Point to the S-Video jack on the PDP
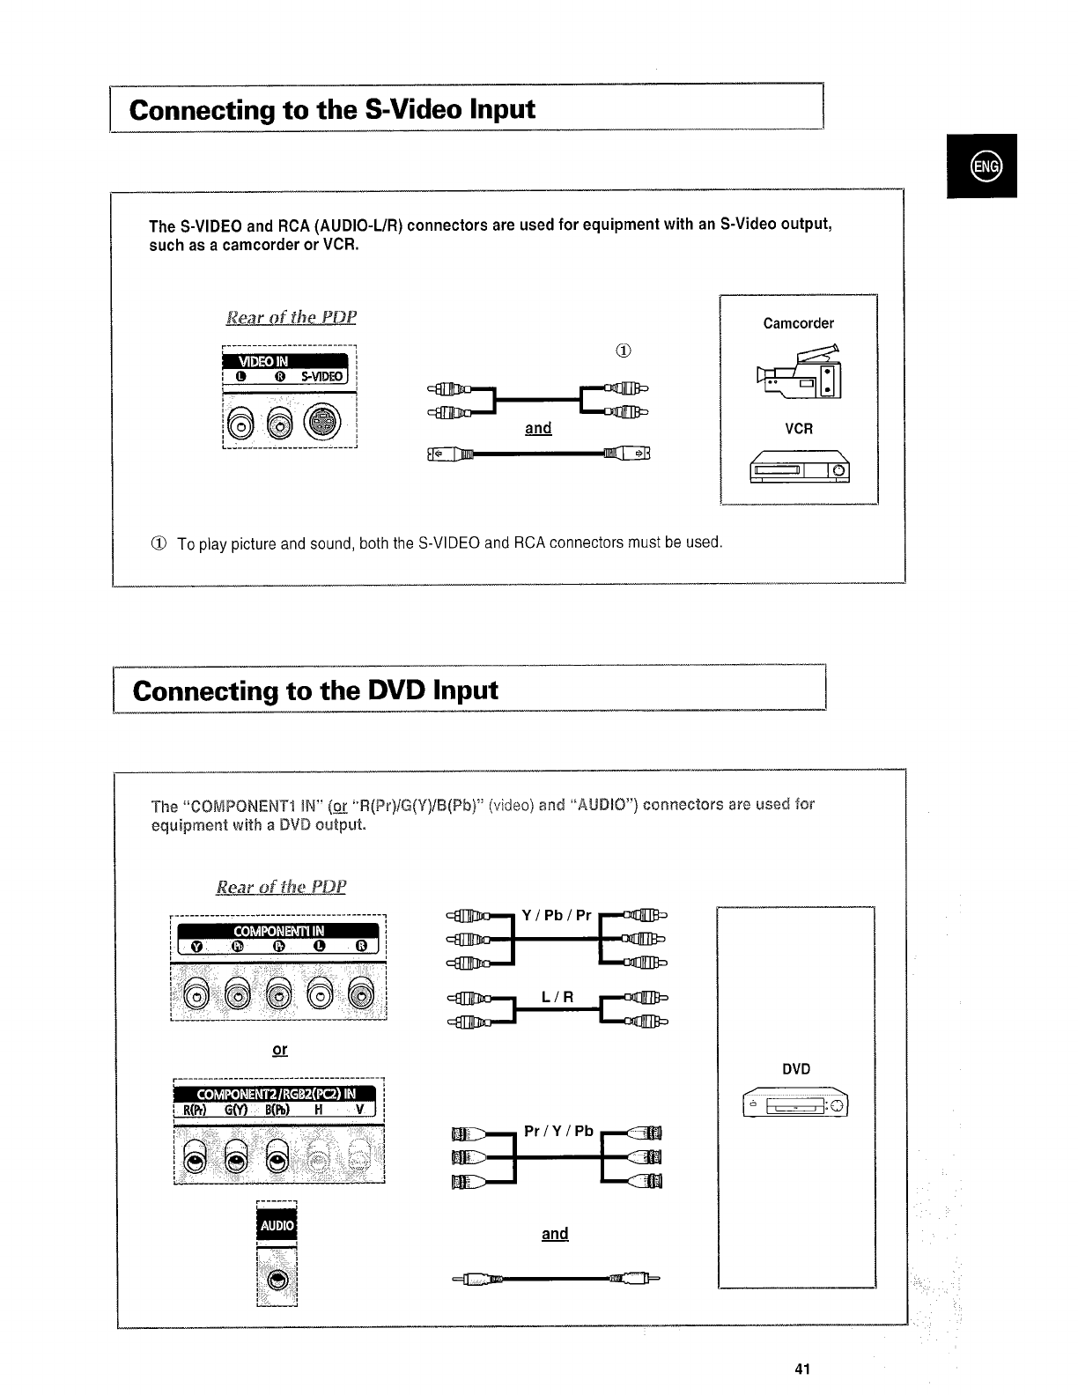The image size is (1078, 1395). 323,424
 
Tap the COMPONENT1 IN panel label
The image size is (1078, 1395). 278,931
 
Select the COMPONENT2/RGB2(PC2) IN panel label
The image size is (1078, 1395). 277,1094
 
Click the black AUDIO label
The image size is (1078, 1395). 277,1225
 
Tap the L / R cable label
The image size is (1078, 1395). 557,997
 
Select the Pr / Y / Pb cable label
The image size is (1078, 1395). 558,1131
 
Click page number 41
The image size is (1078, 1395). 801,1369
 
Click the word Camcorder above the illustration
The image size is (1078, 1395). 798,323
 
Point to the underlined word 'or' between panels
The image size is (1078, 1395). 280,1050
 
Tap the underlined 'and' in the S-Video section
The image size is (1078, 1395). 538,428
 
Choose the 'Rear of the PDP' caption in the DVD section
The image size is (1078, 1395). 281,886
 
